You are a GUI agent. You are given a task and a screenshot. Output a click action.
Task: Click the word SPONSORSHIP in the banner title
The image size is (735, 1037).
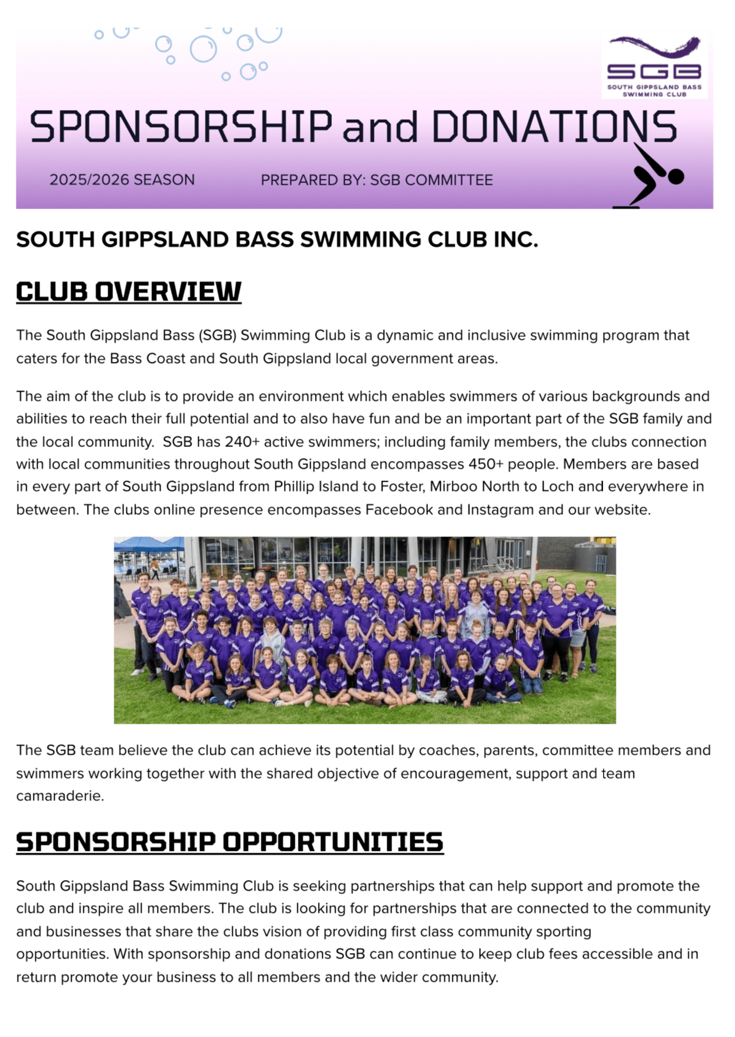[x=181, y=127]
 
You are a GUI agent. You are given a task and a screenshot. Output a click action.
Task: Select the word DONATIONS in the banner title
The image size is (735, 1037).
[x=554, y=127]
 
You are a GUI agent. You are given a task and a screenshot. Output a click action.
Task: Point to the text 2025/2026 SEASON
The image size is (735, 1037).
[x=122, y=180]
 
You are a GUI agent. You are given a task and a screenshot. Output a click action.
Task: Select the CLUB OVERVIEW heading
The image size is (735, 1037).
[x=128, y=291]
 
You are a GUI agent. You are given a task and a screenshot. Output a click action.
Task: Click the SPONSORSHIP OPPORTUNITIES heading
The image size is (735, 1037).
[x=230, y=842]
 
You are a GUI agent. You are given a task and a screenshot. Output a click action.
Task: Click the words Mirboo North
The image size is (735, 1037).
[x=472, y=487]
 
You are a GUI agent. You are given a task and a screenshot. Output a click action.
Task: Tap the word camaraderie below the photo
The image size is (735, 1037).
[x=59, y=796]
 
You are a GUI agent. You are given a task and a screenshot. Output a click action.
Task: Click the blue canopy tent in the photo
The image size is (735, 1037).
[x=148, y=544]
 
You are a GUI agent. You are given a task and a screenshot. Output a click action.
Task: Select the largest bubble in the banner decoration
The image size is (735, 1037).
[x=203, y=49]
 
